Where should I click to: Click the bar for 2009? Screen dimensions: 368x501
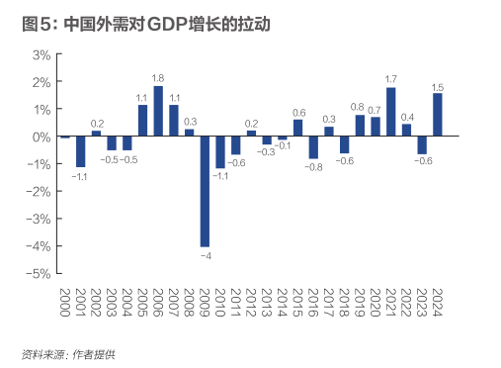click(x=205, y=191)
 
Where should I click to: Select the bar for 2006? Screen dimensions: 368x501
click(x=158, y=112)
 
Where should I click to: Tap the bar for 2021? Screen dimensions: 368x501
click(x=391, y=113)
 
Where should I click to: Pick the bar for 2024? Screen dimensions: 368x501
click(x=438, y=116)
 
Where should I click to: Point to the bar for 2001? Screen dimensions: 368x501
click(x=81, y=151)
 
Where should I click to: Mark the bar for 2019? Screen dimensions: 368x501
click(x=360, y=126)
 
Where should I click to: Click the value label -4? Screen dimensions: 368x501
click(x=205, y=256)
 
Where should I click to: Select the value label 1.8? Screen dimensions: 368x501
click(x=158, y=77)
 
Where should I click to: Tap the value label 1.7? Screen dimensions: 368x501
click(x=391, y=79)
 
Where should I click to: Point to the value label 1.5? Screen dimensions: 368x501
click(x=438, y=86)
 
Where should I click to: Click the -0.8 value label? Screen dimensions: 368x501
click(x=313, y=167)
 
